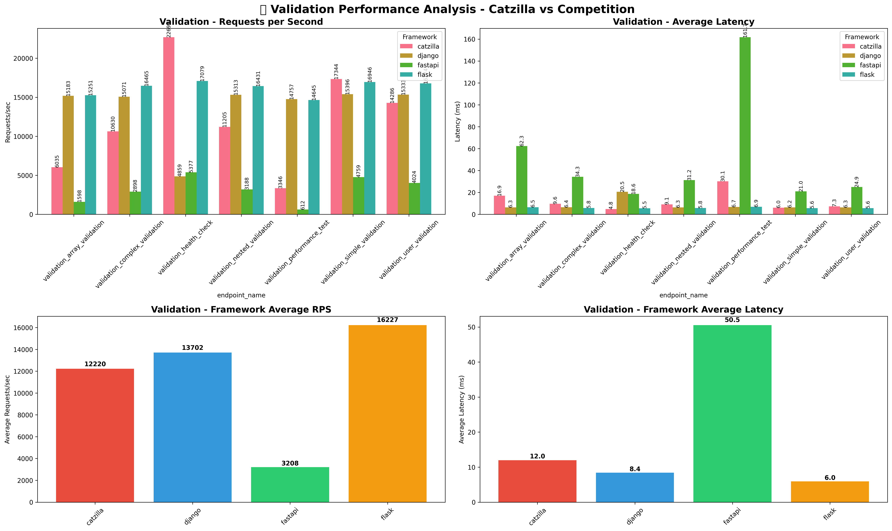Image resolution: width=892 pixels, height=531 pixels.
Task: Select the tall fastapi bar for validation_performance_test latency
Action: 745,125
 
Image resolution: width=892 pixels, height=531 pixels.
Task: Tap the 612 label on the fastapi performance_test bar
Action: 303,205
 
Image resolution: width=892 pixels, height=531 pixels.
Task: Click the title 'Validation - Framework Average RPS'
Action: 241,310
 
